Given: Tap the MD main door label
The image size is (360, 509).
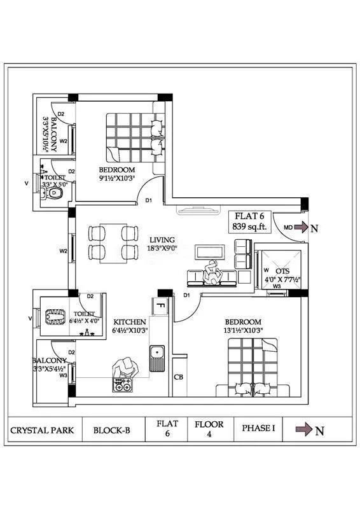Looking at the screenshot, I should tap(288, 227).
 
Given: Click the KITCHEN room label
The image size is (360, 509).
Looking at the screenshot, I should tap(130, 326).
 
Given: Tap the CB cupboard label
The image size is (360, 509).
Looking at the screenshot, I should tap(179, 376).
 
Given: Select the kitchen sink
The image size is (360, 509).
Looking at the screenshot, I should tap(157, 358).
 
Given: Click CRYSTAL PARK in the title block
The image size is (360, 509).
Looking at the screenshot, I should tap(42, 430).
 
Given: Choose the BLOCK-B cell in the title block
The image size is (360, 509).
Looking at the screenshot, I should tap(111, 430).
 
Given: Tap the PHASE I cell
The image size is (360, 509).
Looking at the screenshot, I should tap(258, 429).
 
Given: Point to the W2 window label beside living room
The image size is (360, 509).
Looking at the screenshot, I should tap(64, 251).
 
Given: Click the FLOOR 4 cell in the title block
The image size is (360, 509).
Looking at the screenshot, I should tap(209, 429).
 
